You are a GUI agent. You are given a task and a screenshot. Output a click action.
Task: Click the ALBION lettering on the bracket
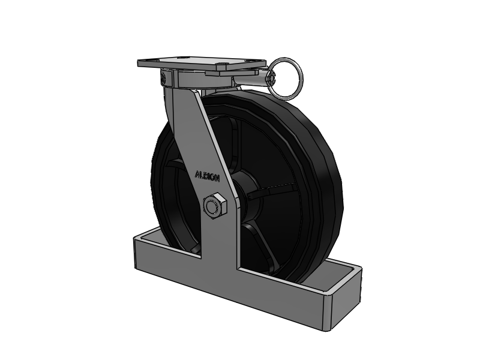click(x=207, y=176)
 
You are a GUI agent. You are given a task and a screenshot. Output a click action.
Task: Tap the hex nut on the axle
click(x=215, y=206)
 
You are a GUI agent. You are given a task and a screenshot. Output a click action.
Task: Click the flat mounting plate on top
click(x=202, y=64)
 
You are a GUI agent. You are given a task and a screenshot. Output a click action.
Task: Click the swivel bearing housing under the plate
click(x=203, y=78)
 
